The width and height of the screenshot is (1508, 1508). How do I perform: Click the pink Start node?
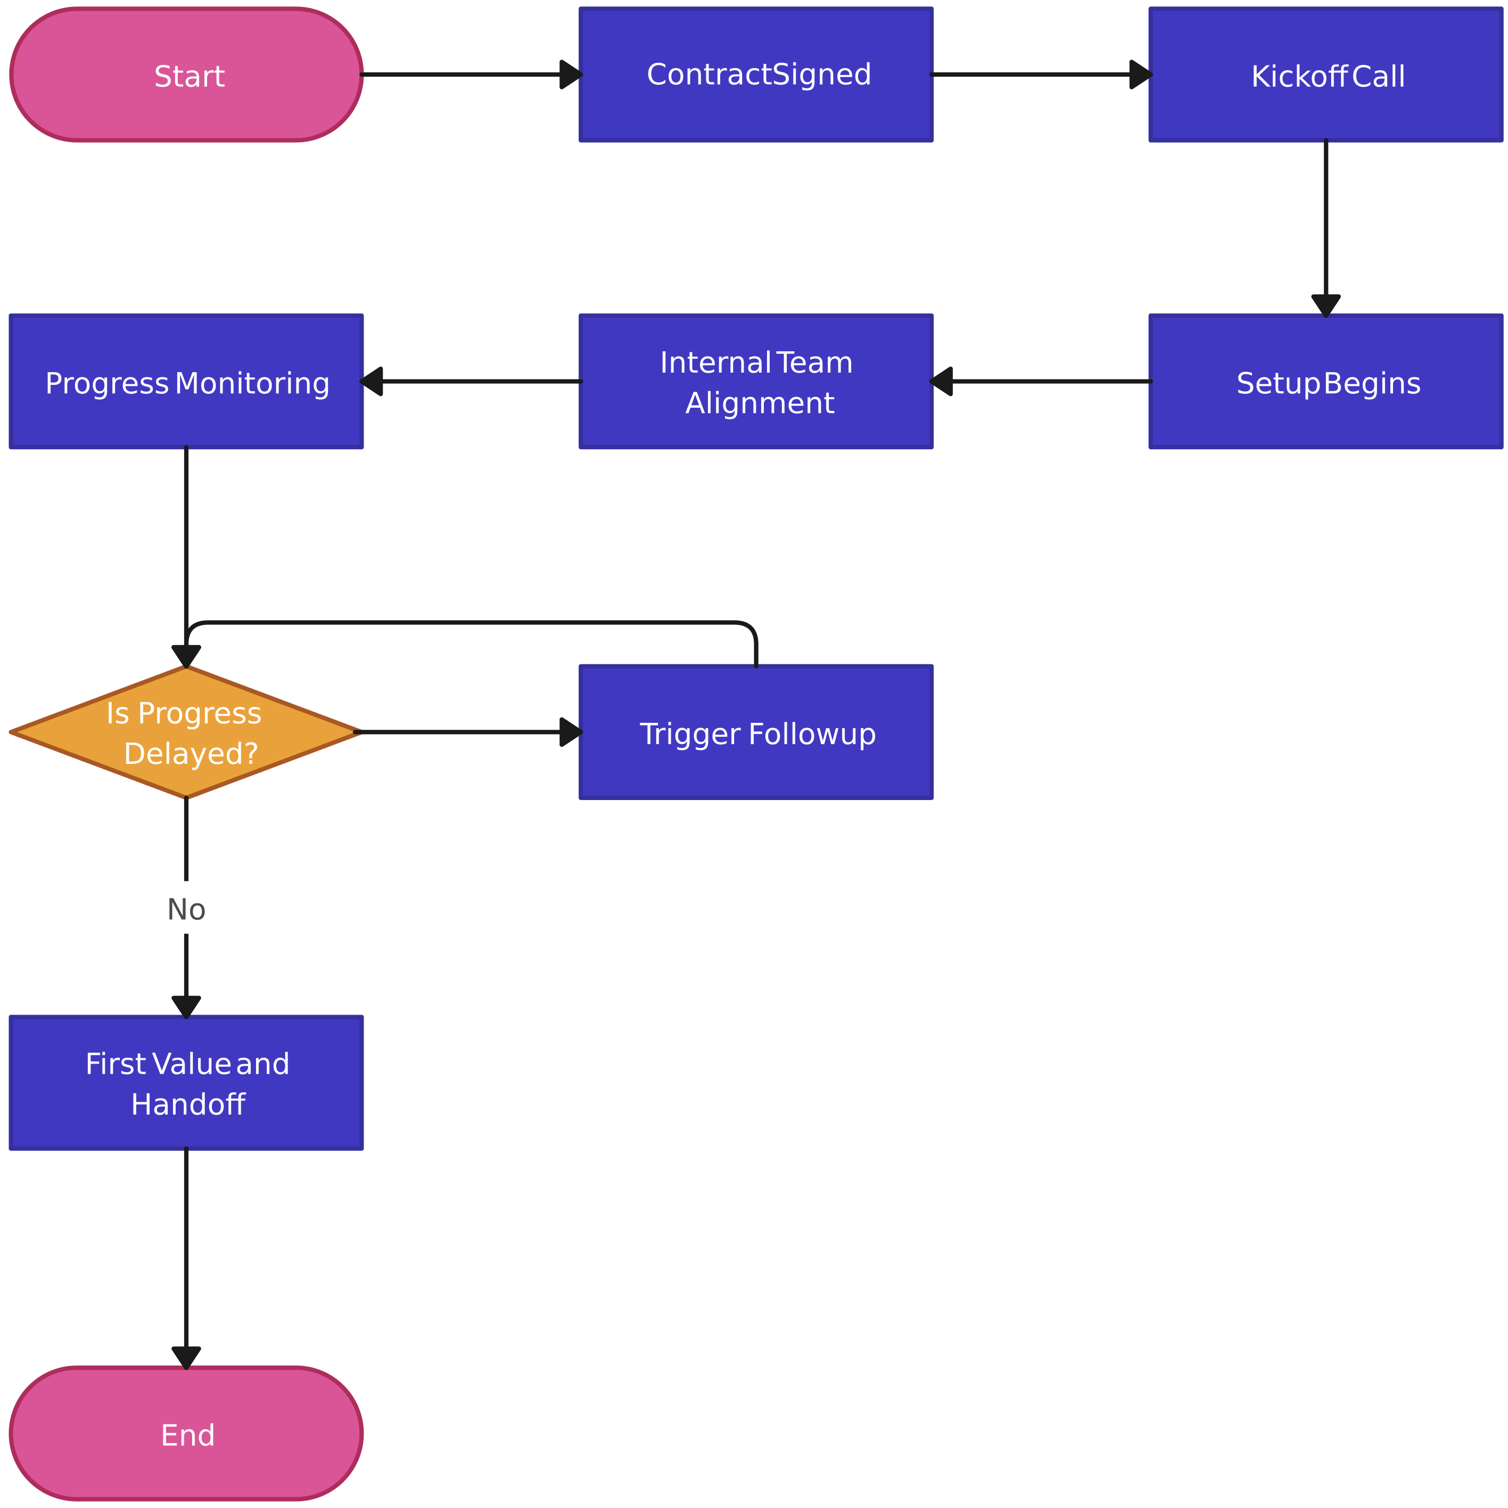pyautogui.click(x=186, y=75)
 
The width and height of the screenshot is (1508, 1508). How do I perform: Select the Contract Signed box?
pyautogui.click(x=755, y=75)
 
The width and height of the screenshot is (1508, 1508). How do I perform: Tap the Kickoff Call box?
pyautogui.click(x=1325, y=75)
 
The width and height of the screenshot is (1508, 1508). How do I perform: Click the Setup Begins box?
pyautogui.click(x=1325, y=382)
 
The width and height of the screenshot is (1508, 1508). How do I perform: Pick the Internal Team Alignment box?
pyautogui.click(x=755, y=382)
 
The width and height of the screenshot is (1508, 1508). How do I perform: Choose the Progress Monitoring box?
pyautogui.click(x=186, y=382)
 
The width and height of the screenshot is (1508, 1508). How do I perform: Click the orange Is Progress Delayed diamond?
pyautogui.click(x=186, y=732)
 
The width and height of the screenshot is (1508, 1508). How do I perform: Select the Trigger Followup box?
pyautogui.click(x=755, y=732)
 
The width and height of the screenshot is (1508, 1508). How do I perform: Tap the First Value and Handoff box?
pyautogui.click(x=186, y=1083)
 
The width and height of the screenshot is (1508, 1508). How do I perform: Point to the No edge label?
pyautogui.click(x=186, y=909)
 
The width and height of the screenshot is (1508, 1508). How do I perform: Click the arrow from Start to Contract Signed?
pyautogui.click(x=468, y=75)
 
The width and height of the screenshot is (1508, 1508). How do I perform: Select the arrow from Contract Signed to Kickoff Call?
pyautogui.click(x=1038, y=75)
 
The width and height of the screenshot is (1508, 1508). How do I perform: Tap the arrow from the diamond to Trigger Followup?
pyautogui.click(x=468, y=732)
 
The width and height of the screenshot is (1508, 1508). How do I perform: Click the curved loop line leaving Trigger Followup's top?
pyautogui.click(x=468, y=623)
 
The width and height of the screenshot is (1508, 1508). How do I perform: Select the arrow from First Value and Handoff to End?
pyautogui.click(x=186, y=1257)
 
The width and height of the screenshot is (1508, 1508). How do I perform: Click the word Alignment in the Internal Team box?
pyautogui.click(x=759, y=403)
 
